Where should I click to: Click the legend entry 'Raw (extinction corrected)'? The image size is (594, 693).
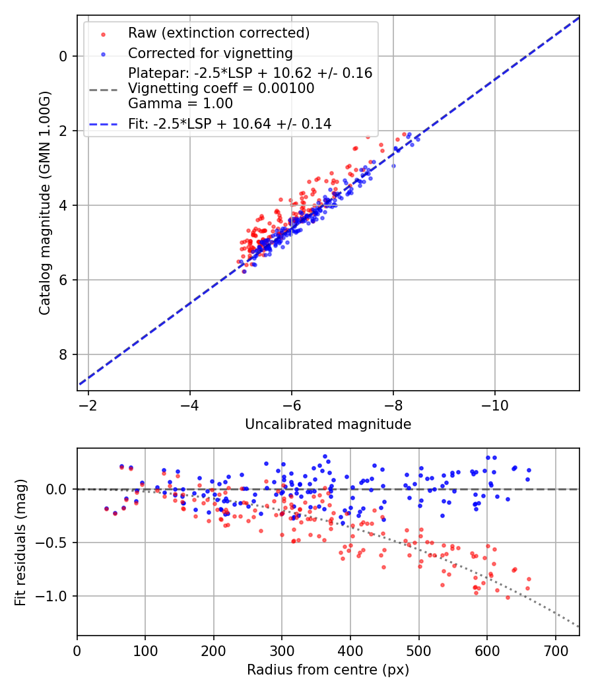pyautogui.click(x=219, y=33)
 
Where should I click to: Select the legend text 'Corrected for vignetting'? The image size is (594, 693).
pyautogui.click(x=211, y=53)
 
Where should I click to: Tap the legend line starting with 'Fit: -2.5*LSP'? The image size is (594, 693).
pyautogui.click(x=230, y=123)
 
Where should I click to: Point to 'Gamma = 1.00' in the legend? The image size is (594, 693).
pyautogui.click(x=180, y=103)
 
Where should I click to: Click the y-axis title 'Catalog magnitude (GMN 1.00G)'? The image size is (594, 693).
pyautogui.click(x=44, y=203)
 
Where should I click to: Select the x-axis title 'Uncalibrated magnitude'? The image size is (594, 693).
pyautogui.click(x=328, y=424)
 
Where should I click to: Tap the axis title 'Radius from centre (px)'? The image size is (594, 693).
pyautogui.click(x=328, y=670)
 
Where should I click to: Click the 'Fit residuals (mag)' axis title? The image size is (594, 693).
pyautogui.click(x=20, y=542)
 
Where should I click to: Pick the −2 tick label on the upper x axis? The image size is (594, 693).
pyautogui.click(x=88, y=405)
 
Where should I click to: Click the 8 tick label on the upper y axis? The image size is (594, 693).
pyautogui.click(x=63, y=355)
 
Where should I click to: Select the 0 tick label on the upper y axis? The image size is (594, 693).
pyautogui.click(x=63, y=56)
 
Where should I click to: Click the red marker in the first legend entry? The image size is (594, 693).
pyautogui.click(x=102, y=33)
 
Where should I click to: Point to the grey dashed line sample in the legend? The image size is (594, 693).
pyautogui.click(x=102, y=88)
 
